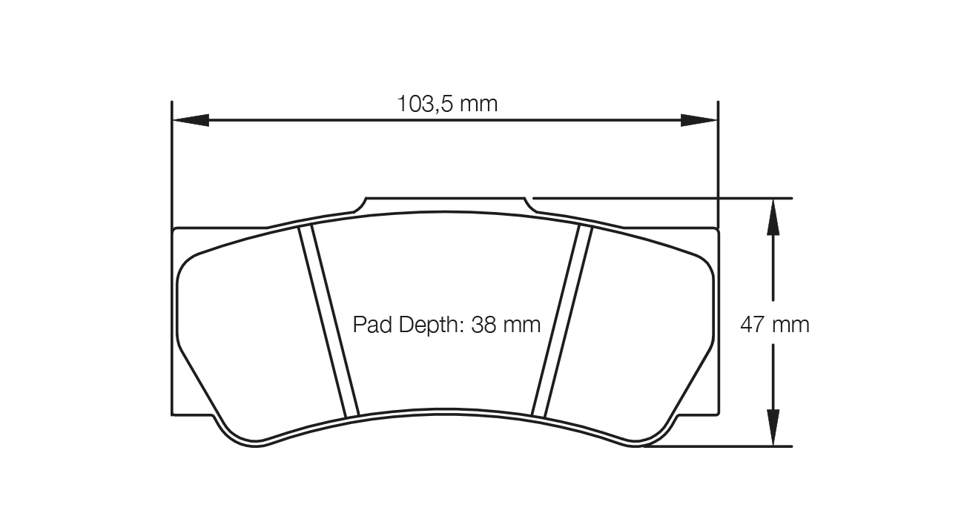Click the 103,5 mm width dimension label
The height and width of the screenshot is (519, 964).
point(447,103)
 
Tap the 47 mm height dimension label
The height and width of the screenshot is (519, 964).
point(775,324)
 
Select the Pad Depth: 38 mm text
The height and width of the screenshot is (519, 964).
point(446,324)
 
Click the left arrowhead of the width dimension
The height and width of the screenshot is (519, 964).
point(190,120)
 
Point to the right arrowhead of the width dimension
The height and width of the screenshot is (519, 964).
point(699,120)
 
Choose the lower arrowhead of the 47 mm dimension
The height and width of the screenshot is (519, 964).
point(773,428)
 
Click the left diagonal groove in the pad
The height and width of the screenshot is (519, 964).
point(329,320)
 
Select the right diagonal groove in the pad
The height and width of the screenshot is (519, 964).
point(562,320)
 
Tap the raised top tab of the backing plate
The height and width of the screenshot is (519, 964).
point(445,205)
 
